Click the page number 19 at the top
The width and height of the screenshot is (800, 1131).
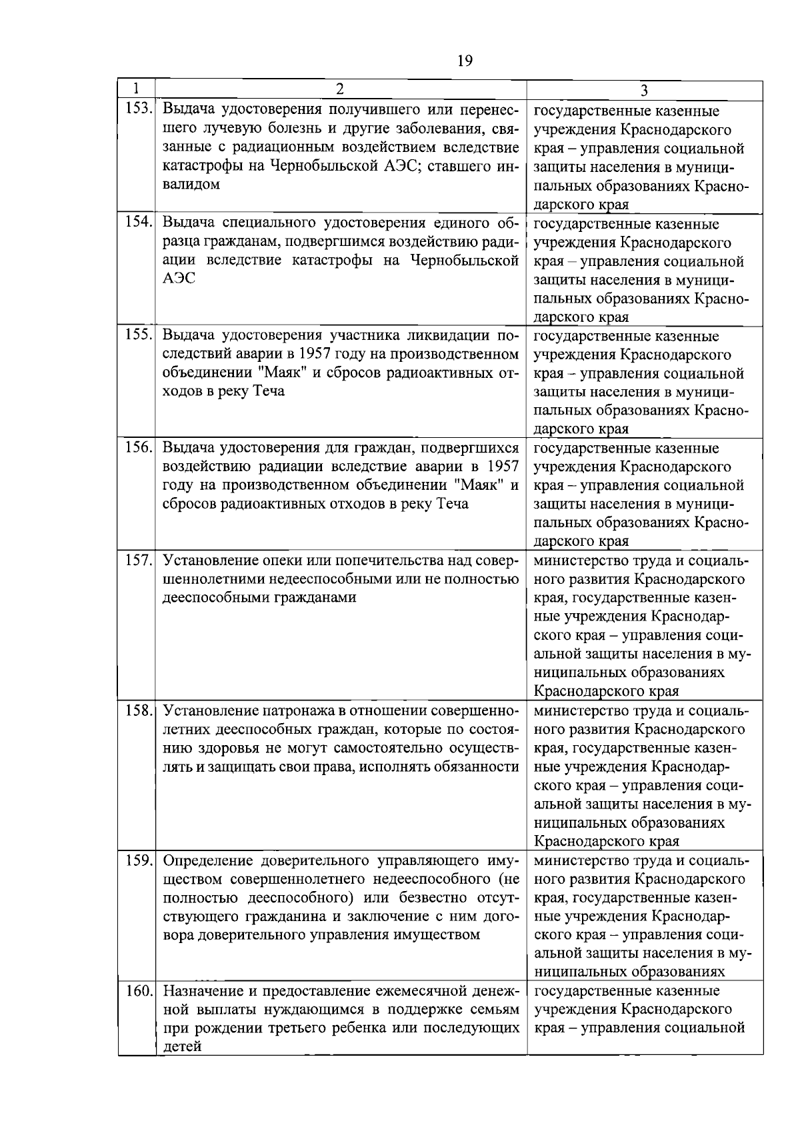(x=465, y=61)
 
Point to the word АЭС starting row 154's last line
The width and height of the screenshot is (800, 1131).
(x=179, y=279)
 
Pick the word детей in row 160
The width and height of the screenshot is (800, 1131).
(x=182, y=1047)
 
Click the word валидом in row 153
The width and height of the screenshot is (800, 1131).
(x=191, y=185)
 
